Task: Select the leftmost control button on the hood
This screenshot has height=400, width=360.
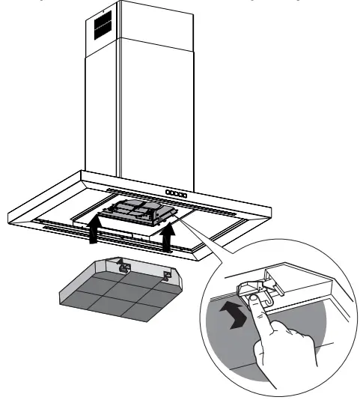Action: tap(168, 193)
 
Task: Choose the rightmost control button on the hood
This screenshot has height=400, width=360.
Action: tap(184, 193)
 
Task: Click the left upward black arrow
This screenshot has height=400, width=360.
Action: tap(92, 228)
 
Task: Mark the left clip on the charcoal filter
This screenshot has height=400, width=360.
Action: tap(124, 265)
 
